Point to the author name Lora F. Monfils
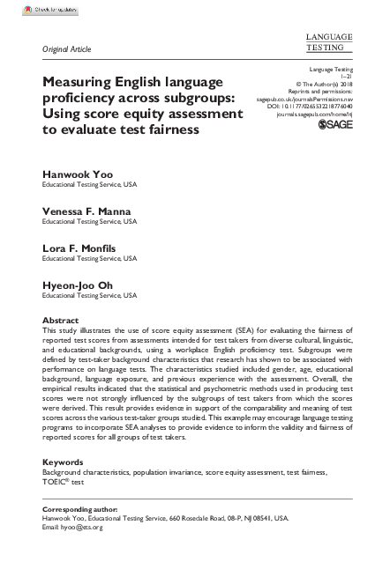coord(82,250)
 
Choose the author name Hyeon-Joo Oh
coord(78,287)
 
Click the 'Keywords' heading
coord(64,462)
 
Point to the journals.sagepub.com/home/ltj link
coord(314,114)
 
